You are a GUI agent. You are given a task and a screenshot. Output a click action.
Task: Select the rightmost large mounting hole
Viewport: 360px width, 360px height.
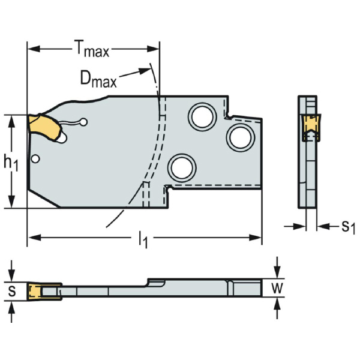point(240,137)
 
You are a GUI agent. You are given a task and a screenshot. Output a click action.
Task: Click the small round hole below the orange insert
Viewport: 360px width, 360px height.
point(38,159)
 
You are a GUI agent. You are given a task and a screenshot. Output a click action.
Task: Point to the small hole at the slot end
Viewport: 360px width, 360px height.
point(83,123)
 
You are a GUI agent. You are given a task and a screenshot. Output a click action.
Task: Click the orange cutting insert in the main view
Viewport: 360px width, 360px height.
point(45,128)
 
